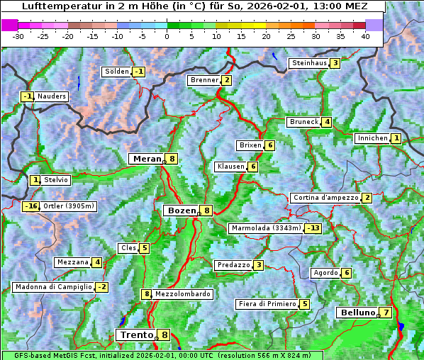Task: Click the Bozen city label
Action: click(x=180, y=210)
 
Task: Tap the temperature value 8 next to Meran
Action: click(x=172, y=159)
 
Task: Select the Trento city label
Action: click(x=135, y=334)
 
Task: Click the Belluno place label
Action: click(x=357, y=313)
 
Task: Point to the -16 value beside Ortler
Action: click(x=30, y=206)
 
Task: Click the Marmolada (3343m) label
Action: click(x=266, y=228)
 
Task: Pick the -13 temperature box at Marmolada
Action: click(x=313, y=228)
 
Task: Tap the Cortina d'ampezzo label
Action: click(x=325, y=198)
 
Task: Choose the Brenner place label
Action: click(x=204, y=80)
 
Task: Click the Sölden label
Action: click(x=117, y=72)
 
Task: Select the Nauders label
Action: click(x=52, y=96)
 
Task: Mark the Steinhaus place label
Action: click(x=308, y=63)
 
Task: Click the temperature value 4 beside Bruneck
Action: click(x=326, y=122)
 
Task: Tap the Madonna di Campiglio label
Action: click(x=53, y=287)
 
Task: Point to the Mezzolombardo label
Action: click(x=182, y=294)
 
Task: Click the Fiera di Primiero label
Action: click(x=267, y=304)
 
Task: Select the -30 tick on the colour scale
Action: click(x=18, y=35)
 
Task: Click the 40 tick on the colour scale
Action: click(x=365, y=35)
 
